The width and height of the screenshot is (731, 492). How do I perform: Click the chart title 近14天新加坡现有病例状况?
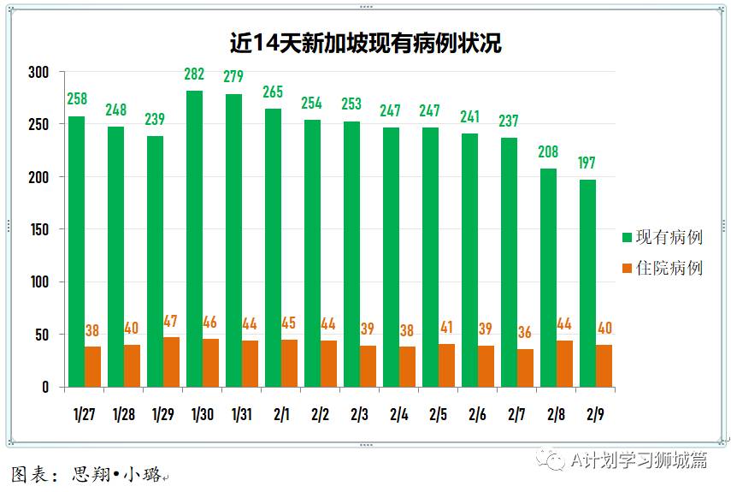(x=365, y=44)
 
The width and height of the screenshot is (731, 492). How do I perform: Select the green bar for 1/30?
(x=194, y=239)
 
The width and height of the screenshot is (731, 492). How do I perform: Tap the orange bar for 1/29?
(x=171, y=362)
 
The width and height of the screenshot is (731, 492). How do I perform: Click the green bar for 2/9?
(x=587, y=283)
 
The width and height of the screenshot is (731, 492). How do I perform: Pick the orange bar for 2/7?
(x=525, y=368)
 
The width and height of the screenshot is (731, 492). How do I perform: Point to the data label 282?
(x=194, y=74)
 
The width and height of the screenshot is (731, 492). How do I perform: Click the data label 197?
(x=587, y=163)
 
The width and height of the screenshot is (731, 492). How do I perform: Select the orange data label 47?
(x=171, y=322)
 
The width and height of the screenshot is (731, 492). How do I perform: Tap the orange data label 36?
(x=525, y=333)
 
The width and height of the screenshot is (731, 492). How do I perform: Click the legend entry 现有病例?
(x=662, y=237)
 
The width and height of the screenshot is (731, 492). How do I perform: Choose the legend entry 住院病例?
(x=662, y=269)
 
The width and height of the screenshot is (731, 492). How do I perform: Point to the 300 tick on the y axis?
(x=38, y=72)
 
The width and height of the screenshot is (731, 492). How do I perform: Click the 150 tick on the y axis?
(x=38, y=229)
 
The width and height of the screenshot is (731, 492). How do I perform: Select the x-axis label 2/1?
(x=281, y=415)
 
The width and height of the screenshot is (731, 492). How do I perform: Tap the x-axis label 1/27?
(x=84, y=415)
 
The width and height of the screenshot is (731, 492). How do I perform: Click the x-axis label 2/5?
(x=439, y=415)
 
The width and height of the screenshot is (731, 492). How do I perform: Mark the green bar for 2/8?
(x=548, y=278)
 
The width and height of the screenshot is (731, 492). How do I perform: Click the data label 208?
(x=548, y=152)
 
